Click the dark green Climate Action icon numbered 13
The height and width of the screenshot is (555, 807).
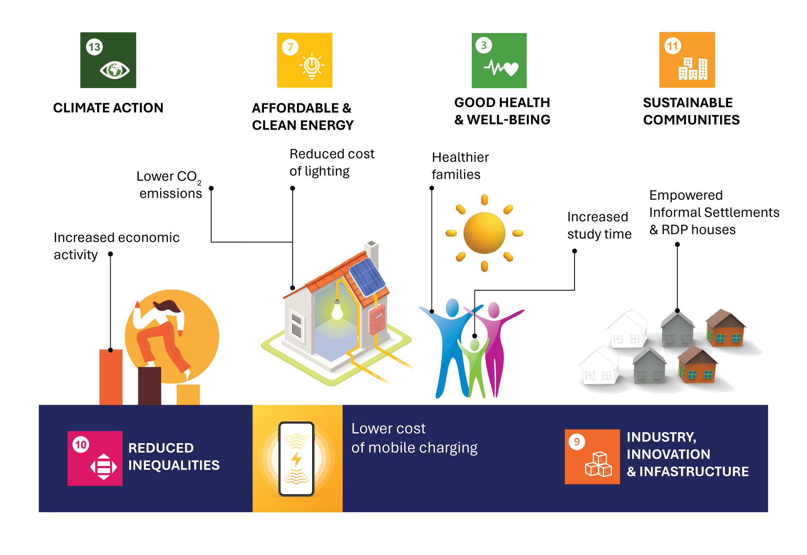click(108, 60)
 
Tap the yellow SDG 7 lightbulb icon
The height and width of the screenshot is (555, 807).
click(305, 60)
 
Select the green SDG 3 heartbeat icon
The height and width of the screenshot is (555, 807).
click(499, 61)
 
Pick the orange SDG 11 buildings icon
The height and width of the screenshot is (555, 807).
click(687, 60)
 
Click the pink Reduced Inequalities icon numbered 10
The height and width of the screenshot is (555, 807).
click(95, 458)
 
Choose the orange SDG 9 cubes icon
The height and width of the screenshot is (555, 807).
click(592, 457)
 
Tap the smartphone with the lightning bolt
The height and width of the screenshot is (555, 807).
click(296, 459)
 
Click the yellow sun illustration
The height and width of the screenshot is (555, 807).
click(484, 233)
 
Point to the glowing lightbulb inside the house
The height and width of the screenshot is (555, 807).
click(337, 310)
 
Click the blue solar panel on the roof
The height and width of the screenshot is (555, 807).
click(367, 276)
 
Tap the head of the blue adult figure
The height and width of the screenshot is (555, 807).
click(452, 307)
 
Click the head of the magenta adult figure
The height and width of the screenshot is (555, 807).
click(493, 310)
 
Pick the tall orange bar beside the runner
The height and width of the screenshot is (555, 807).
click(111, 377)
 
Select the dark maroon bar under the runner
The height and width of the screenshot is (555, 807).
click(149, 385)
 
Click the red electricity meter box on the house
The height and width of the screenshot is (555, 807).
click(377, 319)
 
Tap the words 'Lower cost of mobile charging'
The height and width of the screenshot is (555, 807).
click(414, 438)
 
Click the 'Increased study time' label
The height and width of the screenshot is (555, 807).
click(599, 225)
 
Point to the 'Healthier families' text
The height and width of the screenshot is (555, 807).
click(460, 166)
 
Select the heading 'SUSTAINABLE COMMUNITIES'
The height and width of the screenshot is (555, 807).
click(691, 111)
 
